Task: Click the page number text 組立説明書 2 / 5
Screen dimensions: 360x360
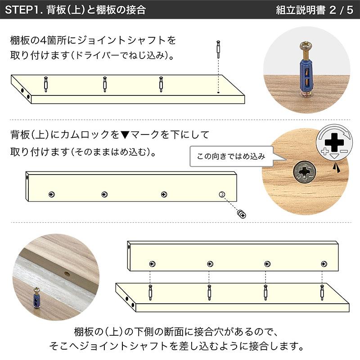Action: click(x=314, y=9)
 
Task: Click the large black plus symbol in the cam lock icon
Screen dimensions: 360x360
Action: click(x=334, y=143)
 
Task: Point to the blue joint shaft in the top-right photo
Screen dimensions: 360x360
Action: click(x=307, y=72)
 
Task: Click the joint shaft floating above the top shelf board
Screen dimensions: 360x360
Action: click(x=218, y=47)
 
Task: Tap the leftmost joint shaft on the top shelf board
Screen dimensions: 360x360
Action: click(x=45, y=84)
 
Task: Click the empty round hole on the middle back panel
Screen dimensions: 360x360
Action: click(x=221, y=194)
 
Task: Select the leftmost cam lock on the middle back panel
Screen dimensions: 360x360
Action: click(x=52, y=194)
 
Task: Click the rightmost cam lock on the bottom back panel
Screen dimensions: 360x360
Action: click(x=323, y=263)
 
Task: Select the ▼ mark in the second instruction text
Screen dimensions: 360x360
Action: click(x=126, y=135)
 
